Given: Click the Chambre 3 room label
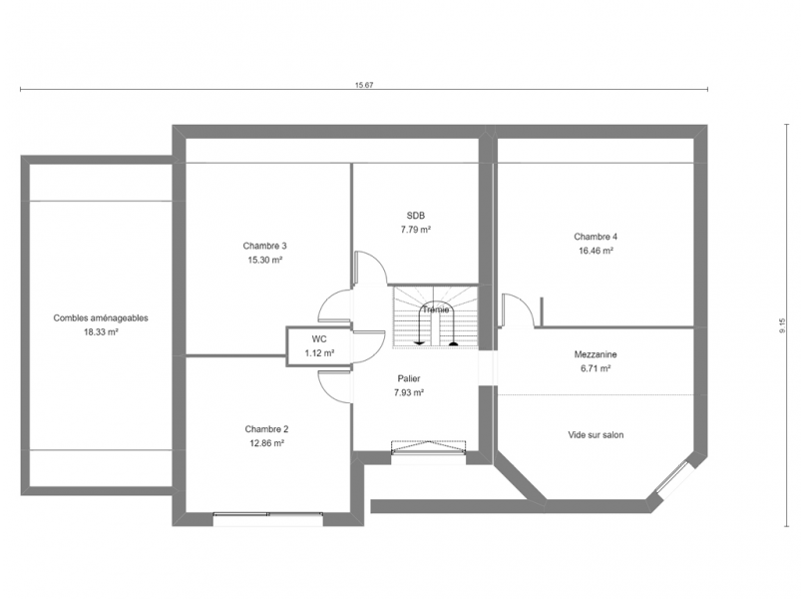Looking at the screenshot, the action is click(x=264, y=246).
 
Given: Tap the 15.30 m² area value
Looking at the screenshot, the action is click(x=265, y=260).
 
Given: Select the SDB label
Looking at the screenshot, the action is click(x=415, y=216).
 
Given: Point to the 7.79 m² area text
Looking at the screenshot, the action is click(x=415, y=230).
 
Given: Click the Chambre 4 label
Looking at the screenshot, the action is click(x=596, y=237).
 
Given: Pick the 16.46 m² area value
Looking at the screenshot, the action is click(x=597, y=251).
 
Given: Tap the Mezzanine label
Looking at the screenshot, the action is click(x=596, y=354).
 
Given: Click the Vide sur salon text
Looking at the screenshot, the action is click(x=596, y=435).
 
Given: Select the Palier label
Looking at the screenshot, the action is click(x=409, y=378).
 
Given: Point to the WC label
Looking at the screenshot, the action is click(x=319, y=339).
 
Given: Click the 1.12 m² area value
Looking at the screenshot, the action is click(x=319, y=353).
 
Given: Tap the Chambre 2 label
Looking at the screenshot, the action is click(x=266, y=429).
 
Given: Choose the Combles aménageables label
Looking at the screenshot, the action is click(x=101, y=318).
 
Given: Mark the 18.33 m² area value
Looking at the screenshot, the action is click(x=102, y=332).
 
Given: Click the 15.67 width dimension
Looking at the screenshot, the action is click(x=364, y=85).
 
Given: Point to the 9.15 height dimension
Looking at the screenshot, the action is click(x=782, y=325).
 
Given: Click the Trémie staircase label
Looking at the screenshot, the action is click(x=435, y=310).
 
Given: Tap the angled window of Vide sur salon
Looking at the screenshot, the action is click(x=672, y=479).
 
